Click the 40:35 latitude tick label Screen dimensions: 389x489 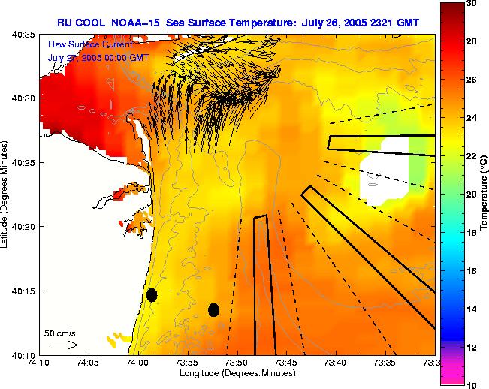tap(24, 35)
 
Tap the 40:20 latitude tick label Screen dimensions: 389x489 tap(24, 226)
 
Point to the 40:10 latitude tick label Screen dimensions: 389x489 tap(24, 354)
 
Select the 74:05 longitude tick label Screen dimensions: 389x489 tap(88, 363)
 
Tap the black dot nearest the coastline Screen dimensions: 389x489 tap(152, 294)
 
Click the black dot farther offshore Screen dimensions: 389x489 tap(213, 309)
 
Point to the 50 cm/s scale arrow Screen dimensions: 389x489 tap(63, 345)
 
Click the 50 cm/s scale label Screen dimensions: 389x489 tap(60, 333)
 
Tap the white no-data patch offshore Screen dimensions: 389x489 tap(382, 174)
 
